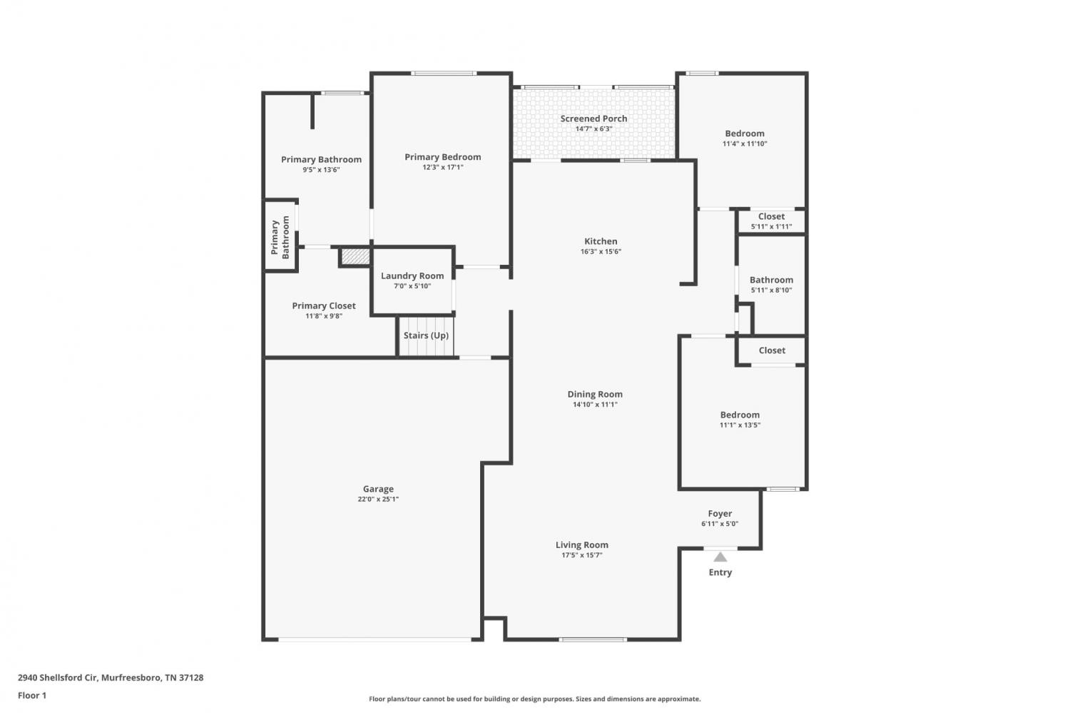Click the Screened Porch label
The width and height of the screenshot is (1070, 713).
point(593,118)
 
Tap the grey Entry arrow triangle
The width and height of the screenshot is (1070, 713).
point(720,557)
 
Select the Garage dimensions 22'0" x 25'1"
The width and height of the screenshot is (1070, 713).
point(378,499)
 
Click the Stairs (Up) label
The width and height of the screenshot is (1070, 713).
point(426,335)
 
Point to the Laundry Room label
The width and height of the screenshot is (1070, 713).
point(412,275)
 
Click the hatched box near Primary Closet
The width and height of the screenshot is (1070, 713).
point(356,256)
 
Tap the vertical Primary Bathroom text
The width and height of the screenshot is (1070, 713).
point(280,238)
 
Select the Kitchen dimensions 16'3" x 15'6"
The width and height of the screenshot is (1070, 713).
point(601,251)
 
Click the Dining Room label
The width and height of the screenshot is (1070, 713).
point(595,394)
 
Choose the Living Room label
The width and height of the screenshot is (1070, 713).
point(581,545)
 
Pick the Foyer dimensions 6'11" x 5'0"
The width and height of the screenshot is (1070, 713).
point(719,523)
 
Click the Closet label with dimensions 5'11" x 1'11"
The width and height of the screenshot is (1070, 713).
point(771,216)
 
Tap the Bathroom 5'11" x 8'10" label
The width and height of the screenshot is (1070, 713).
point(771,280)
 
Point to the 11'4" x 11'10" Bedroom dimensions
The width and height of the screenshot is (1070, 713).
point(744,143)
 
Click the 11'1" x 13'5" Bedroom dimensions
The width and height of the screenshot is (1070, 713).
point(740,425)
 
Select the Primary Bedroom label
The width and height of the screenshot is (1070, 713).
point(442,157)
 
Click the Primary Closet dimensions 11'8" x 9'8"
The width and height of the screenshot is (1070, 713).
point(323,316)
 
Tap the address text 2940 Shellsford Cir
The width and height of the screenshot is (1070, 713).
point(58,677)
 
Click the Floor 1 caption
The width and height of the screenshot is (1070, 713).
point(32,695)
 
